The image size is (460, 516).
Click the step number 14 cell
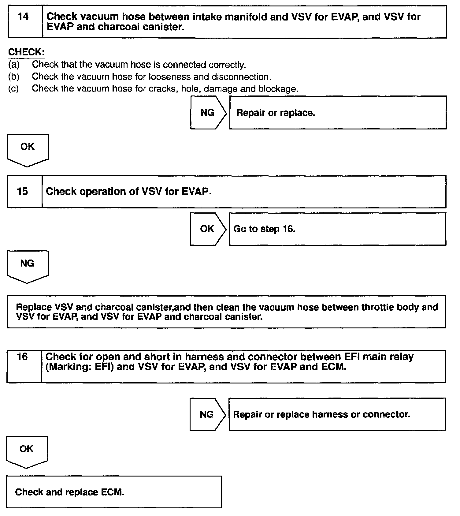click(25, 21)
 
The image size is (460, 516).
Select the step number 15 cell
click(24, 192)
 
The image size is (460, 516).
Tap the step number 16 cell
click(24, 366)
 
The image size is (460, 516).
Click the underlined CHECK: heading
click(26, 52)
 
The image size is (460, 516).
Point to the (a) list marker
click(14, 65)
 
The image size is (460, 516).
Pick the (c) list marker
click(13, 89)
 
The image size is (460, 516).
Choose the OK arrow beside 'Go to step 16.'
click(207, 229)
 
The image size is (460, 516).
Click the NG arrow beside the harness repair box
click(207, 414)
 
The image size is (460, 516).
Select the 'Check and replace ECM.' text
click(70, 492)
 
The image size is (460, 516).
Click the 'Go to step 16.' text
click(264, 229)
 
